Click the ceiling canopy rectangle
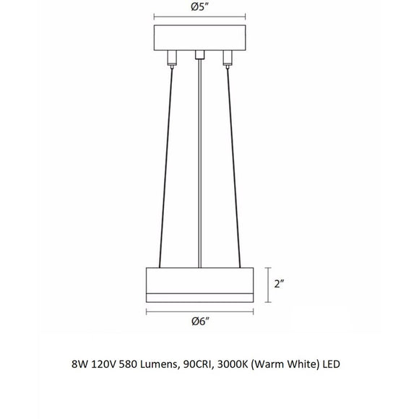[200, 38]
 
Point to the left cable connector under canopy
[171, 57]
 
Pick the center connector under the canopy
[200, 54]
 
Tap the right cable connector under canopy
[228, 57]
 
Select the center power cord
[200, 166]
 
